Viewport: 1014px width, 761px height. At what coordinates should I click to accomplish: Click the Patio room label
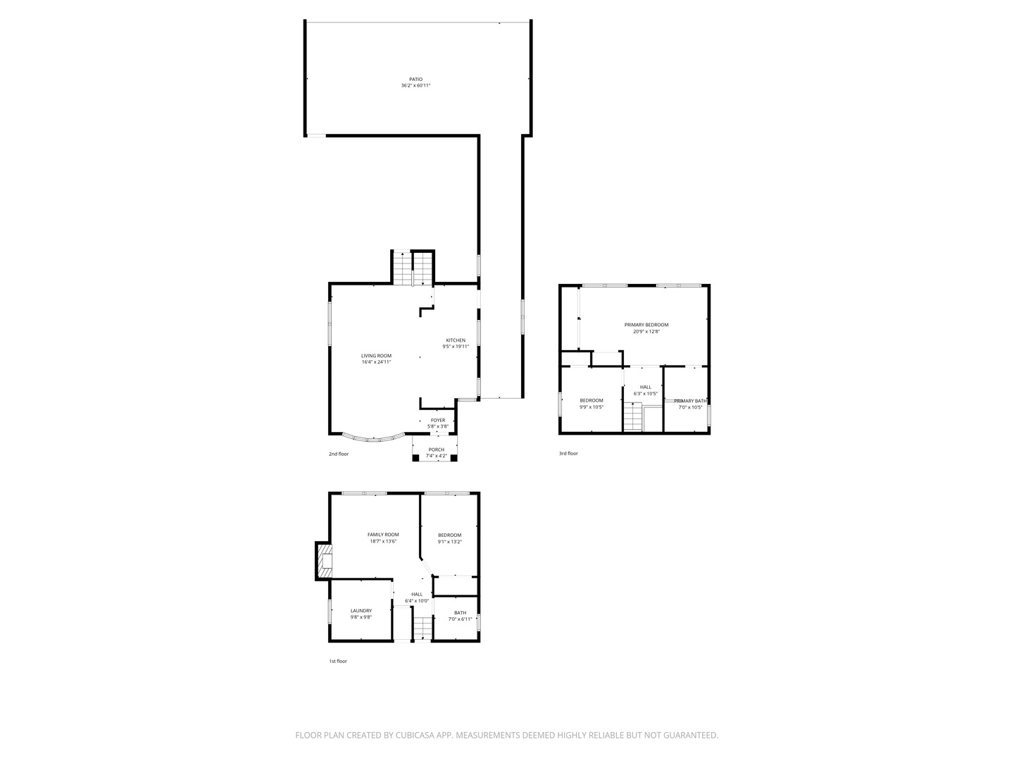click(x=416, y=79)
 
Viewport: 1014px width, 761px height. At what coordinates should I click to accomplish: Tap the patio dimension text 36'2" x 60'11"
click(x=415, y=85)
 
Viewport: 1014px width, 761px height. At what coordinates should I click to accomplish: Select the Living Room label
click(x=376, y=356)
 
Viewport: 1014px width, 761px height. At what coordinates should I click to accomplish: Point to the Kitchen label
click(x=456, y=340)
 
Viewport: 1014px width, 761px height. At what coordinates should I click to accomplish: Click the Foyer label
click(x=438, y=421)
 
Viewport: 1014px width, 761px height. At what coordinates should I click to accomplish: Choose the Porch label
click(x=436, y=450)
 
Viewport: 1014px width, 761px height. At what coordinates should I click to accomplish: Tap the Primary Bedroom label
click(x=646, y=325)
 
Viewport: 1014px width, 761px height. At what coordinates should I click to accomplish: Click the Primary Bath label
click(x=690, y=401)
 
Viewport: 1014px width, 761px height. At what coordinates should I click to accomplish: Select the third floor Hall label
click(x=646, y=387)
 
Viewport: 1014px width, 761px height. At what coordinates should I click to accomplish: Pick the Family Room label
click(x=383, y=535)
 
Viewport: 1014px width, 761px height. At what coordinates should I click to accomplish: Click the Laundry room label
click(x=361, y=611)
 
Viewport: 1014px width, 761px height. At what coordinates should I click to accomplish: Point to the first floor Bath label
click(x=460, y=613)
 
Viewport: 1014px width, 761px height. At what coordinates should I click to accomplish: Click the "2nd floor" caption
click(x=339, y=454)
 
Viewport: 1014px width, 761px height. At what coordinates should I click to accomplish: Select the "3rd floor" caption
click(x=568, y=453)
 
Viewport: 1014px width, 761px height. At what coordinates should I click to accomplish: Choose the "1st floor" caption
click(x=338, y=661)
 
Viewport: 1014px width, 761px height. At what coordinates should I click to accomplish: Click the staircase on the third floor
click(x=633, y=416)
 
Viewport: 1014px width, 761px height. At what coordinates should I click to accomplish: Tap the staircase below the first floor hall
click(x=422, y=626)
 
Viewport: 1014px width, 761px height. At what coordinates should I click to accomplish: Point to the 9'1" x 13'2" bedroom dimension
click(x=449, y=542)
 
